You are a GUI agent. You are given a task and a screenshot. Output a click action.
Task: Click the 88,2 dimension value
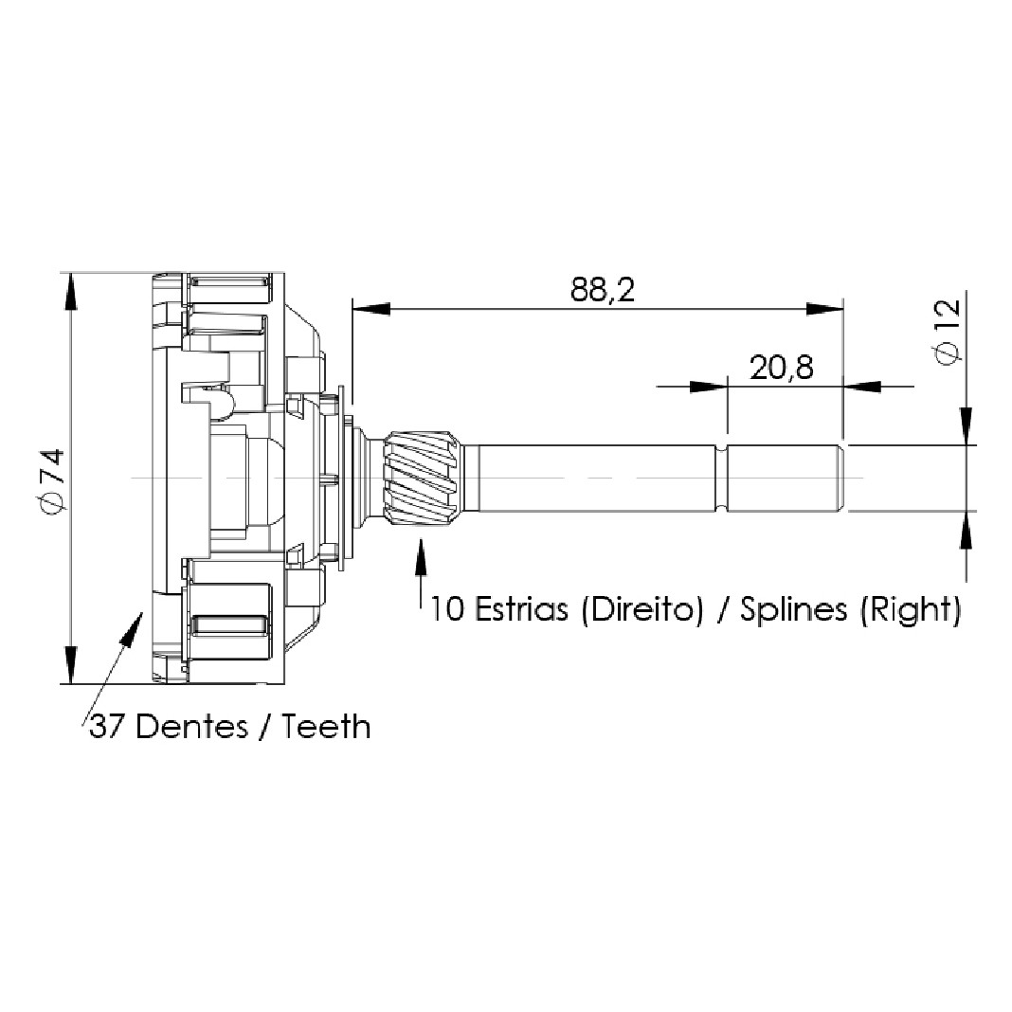click(x=602, y=291)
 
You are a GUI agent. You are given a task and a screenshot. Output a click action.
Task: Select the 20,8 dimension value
click(x=781, y=368)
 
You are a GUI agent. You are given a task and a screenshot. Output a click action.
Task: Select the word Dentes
click(x=191, y=727)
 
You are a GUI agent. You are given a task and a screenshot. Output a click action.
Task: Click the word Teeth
click(x=327, y=727)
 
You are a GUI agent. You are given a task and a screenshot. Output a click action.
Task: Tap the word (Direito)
click(x=642, y=610)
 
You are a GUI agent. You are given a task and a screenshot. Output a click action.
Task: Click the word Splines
click(x=793, y=610)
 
